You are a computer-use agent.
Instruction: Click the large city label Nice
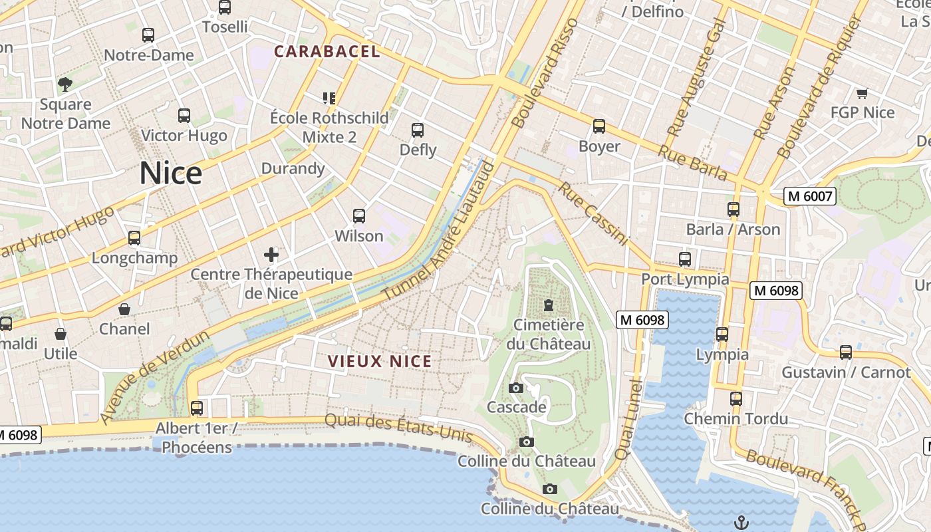point(171,174)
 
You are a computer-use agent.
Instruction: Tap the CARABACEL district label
point(327,52)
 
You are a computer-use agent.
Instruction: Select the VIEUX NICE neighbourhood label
point(380,362)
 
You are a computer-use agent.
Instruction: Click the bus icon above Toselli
point(225,7)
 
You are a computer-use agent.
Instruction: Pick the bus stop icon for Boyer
point(599,126)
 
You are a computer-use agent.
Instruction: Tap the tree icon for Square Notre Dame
point(65,84)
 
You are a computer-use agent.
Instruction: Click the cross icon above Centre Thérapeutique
point(271,254)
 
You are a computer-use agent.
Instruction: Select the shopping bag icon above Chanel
point(124,309)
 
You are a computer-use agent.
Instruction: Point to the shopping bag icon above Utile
point(61,334)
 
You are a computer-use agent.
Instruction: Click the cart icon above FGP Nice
point(863,93)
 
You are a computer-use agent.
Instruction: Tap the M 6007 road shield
point(809,196)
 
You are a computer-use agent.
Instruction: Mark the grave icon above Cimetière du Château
point(548,305)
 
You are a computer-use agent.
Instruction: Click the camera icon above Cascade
point(516,388)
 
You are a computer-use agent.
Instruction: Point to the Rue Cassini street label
point(593,213)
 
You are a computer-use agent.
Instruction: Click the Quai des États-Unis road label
point(398,428)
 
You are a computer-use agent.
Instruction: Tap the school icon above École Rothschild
point(329,98)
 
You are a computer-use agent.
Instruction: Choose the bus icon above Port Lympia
point(685,259)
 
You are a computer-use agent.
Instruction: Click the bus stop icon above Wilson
point(359,216)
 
